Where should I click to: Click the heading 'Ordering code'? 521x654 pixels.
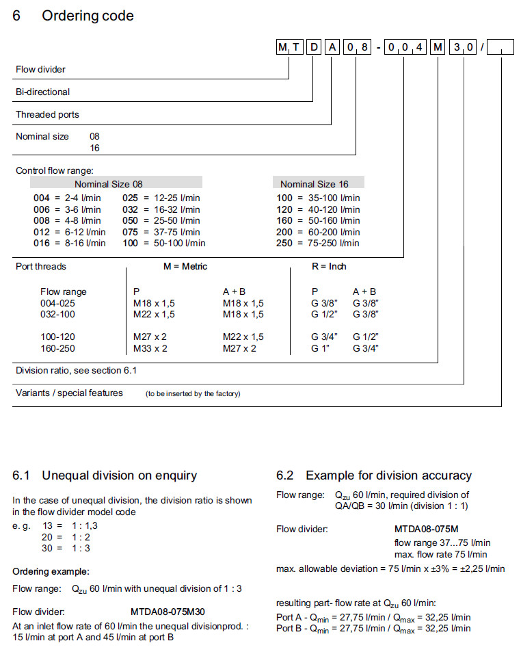coord(88,16)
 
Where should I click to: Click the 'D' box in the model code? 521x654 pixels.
coord(314,47)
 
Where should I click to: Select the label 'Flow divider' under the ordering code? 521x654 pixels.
coord(41,69)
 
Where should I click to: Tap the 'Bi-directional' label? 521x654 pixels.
coord(43,92)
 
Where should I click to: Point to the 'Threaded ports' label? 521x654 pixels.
coord(48,114)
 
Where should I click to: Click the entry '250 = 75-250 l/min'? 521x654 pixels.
coord(318,243)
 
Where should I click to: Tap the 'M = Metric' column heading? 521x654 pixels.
coord(185,266)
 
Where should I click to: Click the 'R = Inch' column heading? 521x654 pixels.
coord(329,266)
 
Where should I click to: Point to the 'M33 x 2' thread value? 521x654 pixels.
coord(150,348)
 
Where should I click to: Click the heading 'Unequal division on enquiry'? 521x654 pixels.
coord(119,475)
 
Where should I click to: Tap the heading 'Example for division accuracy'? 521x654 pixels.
coord(388,475)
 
